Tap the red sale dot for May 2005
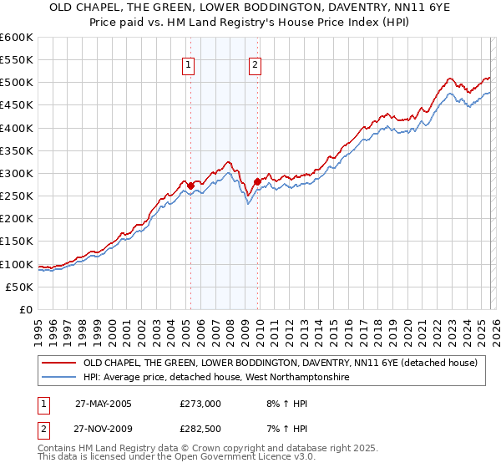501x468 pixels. tap(190, 186)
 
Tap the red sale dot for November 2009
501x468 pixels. tap(257, 181)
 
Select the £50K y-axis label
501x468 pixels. tap(20, 287)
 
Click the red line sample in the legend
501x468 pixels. tap(59, 363)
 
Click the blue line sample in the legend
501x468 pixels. tap(59, 378)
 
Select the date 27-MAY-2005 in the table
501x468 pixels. tap(103, 403)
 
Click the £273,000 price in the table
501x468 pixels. tap(200, 403)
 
